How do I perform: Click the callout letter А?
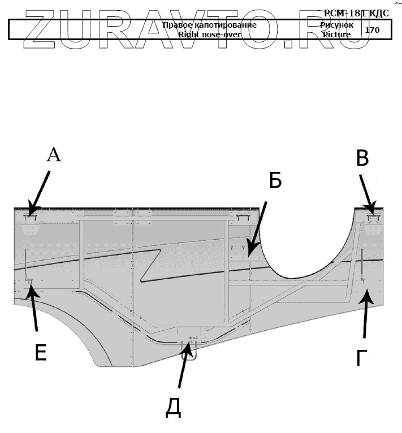click(x=53, y=154)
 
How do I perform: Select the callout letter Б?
click(x=275, y=180)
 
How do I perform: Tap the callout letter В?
click(x=363, y=159)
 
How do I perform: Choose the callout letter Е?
click(x=40, y=352)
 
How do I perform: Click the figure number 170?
click(x=372, y=29)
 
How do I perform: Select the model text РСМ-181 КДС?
click(x=356, y=13)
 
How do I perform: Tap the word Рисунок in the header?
click(x=337, y=25)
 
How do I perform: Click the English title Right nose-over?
click(x=209, y=34)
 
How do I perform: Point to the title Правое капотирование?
click(x=209, y=25)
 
